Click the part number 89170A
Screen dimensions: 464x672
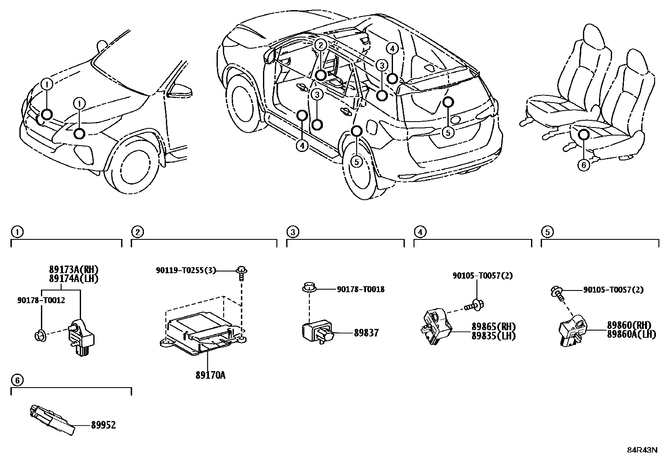[209, 375]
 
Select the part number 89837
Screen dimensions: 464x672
[366, 333]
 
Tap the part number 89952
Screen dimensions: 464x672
[103, 425]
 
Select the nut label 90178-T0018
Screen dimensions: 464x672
[360, 290]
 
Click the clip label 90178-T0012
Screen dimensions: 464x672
[41, 301]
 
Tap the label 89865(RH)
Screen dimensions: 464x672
[493, 327]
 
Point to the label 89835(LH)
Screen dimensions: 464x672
[493, 336]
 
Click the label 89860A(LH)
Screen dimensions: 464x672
[631, 334]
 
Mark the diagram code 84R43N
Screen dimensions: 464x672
[642, 450]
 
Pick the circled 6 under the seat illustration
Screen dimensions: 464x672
[584, 165]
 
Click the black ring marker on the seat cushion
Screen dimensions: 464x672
[584, 135]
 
